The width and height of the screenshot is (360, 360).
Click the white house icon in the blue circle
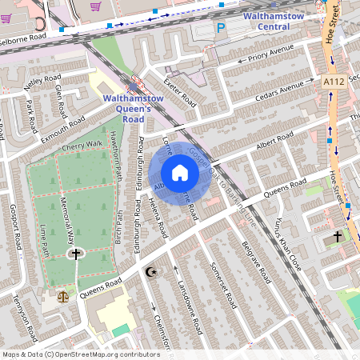point(180,173)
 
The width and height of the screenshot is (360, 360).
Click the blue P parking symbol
point(222,28)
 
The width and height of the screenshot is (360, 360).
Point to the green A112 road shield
point(335,82)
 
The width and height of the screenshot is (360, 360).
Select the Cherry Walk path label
point(83,144)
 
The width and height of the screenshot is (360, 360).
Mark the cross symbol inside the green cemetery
point(76,254)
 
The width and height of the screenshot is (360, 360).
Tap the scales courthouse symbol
point(63,294)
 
